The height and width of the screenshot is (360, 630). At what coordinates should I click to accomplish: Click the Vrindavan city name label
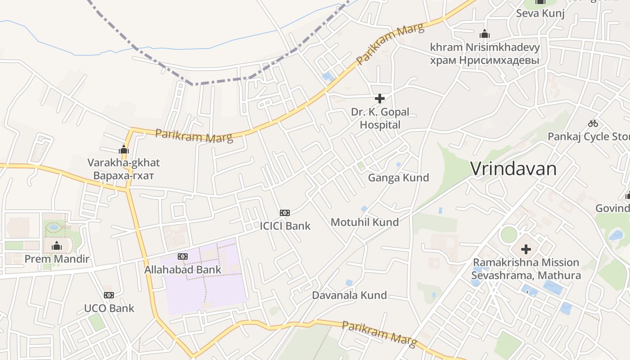pyautogui.click(x=513, y=169)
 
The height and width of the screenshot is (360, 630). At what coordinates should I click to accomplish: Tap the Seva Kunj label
pyautogui.click(x=540, y=13)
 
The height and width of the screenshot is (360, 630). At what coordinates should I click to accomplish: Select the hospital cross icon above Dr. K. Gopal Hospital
pyautogui.click(x=380, y=98)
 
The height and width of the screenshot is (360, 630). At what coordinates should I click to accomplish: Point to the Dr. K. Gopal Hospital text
pyautogui.click(x=380, y=118)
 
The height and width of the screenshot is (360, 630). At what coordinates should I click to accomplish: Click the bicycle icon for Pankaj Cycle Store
pyautogui.click(x=593, y=123)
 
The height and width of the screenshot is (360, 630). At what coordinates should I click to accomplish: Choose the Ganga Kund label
pyautogui.click(x=398, y=178)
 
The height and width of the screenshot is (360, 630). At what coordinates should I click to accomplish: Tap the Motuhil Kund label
pyautogui.click(x=364, y=222)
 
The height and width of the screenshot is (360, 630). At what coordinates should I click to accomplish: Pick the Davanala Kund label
pyautogui.click(x=349, y=295)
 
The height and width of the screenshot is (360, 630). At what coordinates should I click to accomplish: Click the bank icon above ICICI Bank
pyautogui.click(x=284, y=212)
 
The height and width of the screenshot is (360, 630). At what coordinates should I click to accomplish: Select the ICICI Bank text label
pyautogui.click(x=285, y=225)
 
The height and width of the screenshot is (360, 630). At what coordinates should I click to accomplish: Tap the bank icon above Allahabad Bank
pyautogui.click(x=182, y=256)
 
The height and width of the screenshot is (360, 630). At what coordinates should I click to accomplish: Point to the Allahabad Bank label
pyautogui.click(x=183, y=270)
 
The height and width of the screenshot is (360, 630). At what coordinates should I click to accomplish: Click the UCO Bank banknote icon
pyautogui.click(x=109, y=295)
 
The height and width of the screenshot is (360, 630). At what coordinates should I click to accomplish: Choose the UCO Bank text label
pyautogui.click(x=109, y=308)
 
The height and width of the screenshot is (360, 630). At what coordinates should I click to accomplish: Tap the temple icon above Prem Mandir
pyautogui.click(x=57, y=246)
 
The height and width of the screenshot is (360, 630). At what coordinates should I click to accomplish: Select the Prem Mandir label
pyautogui.click(x=57, y=259)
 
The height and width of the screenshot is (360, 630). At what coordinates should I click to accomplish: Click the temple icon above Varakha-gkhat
pyautogui.click(x=124, y=150)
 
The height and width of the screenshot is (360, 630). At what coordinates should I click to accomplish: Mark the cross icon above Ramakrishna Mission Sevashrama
pyautogui.click(x=526, y=249)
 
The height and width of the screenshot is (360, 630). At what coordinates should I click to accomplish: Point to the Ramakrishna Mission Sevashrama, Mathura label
pyautogui.click(x=526, y=269)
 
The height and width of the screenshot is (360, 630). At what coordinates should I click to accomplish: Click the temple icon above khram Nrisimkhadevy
pyautogui.click(x=484, y=34)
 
